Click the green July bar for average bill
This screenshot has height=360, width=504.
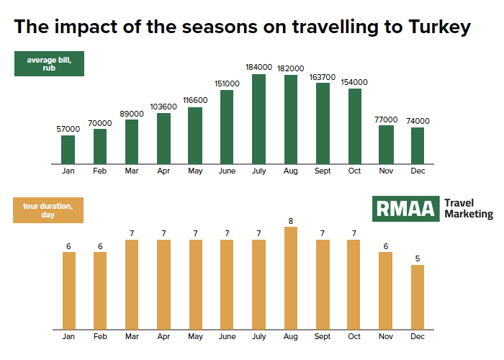[x=258, y=120]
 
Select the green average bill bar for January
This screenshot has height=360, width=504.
[x=68, y=150]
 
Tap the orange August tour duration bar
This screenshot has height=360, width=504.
[x=291, y=279]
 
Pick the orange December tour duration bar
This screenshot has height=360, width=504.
[x=418, y=297]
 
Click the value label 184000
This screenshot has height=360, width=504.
[x=258, y=67]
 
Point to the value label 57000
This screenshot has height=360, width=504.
[x=68, y=129]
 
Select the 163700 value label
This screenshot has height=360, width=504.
[x=323, y=78]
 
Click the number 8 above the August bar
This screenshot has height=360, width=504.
[x=291, y=221]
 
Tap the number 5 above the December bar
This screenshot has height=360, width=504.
[x=418, y=258]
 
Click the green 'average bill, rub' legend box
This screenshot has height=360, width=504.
[x=49, y=63]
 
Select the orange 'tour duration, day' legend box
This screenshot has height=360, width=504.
[x=48, y=210]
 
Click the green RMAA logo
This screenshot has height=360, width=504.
[x=405, y=209]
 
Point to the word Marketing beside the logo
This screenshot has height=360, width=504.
[x=469, y=215]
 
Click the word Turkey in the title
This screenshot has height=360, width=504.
[x=440, y=27]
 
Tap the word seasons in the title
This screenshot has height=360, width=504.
[x=220, y=27]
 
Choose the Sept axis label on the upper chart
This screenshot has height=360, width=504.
[x=323, y=171]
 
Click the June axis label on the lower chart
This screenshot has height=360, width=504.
[x=228, y=336]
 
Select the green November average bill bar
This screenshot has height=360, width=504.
[x=386, y=145]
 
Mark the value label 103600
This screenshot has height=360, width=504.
[x=163, y=107]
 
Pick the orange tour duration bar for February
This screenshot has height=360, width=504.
[x=100, y=291]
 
